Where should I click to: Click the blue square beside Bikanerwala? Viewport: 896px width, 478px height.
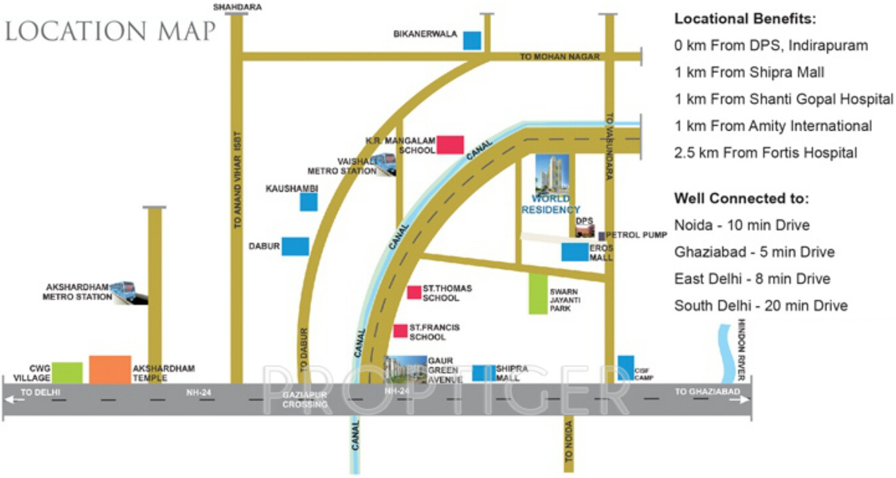(472, 40)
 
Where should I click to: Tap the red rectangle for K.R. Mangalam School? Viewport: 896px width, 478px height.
(450, 145)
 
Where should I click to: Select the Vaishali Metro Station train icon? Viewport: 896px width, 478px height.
(386, 164)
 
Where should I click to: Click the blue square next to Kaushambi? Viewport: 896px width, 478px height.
(309, 202)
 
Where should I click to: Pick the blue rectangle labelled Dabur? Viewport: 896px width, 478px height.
(295, 246)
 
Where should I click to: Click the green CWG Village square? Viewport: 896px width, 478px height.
(68, 373)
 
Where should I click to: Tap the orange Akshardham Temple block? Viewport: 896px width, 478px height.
(110, 369)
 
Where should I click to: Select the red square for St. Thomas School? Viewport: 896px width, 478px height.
(414, 292)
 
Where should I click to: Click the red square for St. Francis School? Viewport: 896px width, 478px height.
(400, 331)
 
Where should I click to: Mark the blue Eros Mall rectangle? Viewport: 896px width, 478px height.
(574, 252)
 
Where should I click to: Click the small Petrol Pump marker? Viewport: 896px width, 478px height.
(602, 236)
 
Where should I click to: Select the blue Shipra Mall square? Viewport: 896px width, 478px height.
(483, 373)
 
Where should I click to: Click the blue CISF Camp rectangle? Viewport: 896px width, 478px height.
(625, 368)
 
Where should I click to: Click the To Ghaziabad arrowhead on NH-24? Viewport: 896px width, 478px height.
(745, 400)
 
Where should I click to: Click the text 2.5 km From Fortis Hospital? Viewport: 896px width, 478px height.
(765, 153)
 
